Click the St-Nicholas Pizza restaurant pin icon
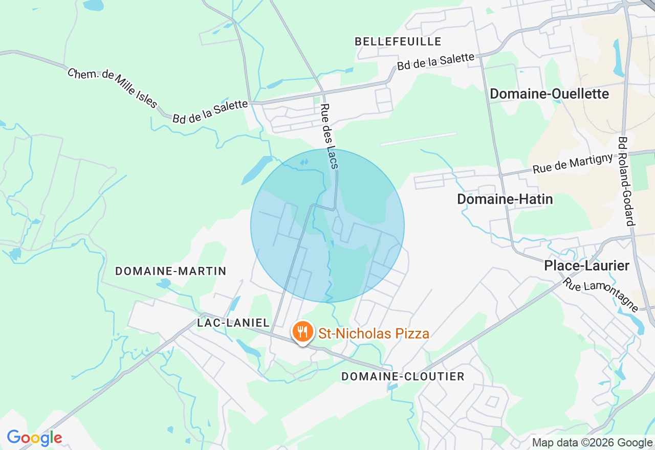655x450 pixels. point(303,332)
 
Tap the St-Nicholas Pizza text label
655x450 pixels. point(374,334)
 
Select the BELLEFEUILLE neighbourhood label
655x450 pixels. point(398,41)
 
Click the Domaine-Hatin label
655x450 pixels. point(505,199)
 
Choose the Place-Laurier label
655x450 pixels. point(586,266)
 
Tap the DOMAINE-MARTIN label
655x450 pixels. point(170,271)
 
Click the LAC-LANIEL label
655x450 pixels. point(233,323)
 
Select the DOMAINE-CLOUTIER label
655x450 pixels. point(403,377)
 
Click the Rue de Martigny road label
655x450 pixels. point(573,163)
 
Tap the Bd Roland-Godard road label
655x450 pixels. point(626,181)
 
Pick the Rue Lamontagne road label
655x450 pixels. point(601,295)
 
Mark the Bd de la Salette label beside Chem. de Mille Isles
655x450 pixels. point(210,111)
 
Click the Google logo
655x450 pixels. point(34,438)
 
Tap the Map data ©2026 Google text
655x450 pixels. point(592,443)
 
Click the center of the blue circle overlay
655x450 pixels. point(327,226)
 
